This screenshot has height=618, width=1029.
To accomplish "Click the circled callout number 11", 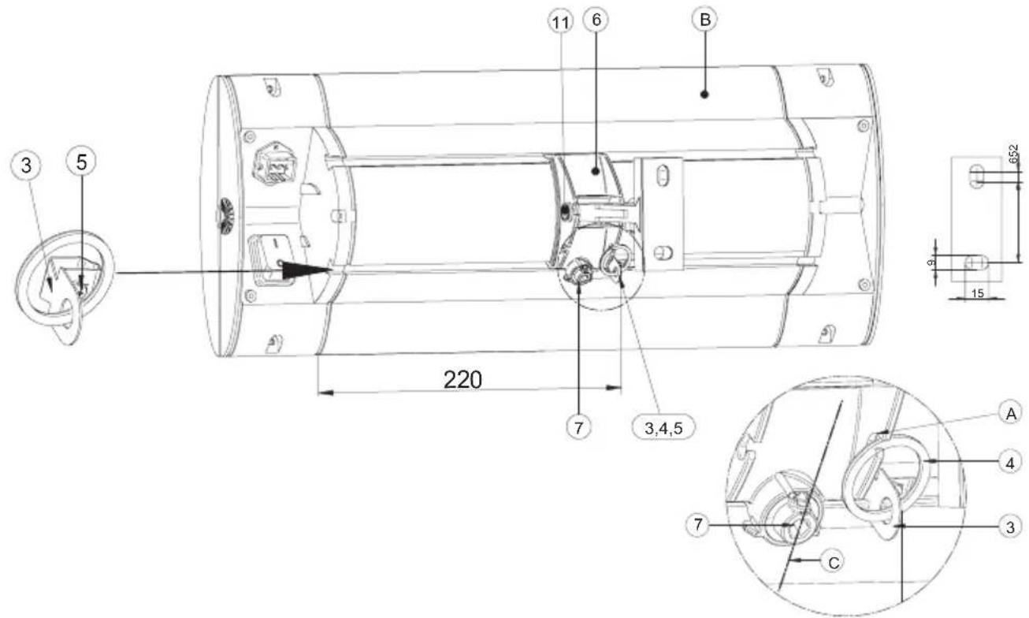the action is click(560, 21).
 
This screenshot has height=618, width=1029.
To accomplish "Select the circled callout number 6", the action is click(596, 20).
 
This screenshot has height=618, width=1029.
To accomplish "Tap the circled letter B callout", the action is click(704, 20).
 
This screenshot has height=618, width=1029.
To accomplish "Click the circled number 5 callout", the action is click(81, 162).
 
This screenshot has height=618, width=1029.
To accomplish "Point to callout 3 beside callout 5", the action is click(26, 166).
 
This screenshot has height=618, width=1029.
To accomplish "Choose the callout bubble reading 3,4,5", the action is click(663, 428).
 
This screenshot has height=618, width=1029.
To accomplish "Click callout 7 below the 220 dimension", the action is click(579, 428).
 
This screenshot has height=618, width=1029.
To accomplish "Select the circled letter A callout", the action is click(1011, 414).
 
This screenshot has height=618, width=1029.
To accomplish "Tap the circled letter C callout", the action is click(834, 562).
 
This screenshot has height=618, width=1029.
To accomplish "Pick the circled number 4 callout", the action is click(1010, 463).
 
